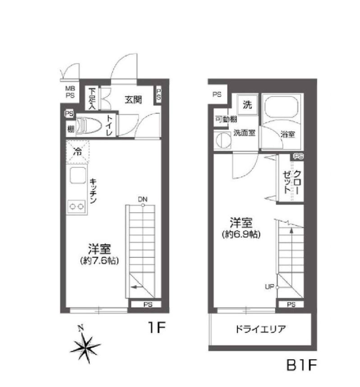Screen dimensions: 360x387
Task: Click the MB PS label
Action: [x=70, y=92]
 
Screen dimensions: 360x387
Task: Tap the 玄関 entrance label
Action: [x=133, y=100]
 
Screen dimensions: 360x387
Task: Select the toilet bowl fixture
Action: [x=89, y=126]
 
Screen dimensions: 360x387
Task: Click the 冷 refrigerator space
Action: [x=78, y=152]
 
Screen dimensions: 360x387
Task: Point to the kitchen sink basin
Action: [x=78, y=175]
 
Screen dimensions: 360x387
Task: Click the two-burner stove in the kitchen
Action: [x=77, y=206]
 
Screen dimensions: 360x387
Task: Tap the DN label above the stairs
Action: [x=142, y=199]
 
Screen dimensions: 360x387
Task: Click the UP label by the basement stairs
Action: [x=269, y=287]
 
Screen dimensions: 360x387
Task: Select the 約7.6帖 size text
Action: [x=99, y=261]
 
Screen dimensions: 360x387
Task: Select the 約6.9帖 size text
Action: [x=241, y=234]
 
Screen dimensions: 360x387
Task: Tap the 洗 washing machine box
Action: [x=247, y=105]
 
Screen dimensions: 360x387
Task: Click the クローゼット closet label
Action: [x=292, y=182]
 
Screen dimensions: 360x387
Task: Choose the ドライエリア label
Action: [x=261, y=329]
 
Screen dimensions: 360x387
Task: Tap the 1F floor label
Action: [x=157, y=328]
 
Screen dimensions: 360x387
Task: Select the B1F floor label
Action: [x=301, y=365]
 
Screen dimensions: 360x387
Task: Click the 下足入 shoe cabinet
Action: [x=92, y=98]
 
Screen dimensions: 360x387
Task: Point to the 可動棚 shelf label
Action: [x=226, y=119]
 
